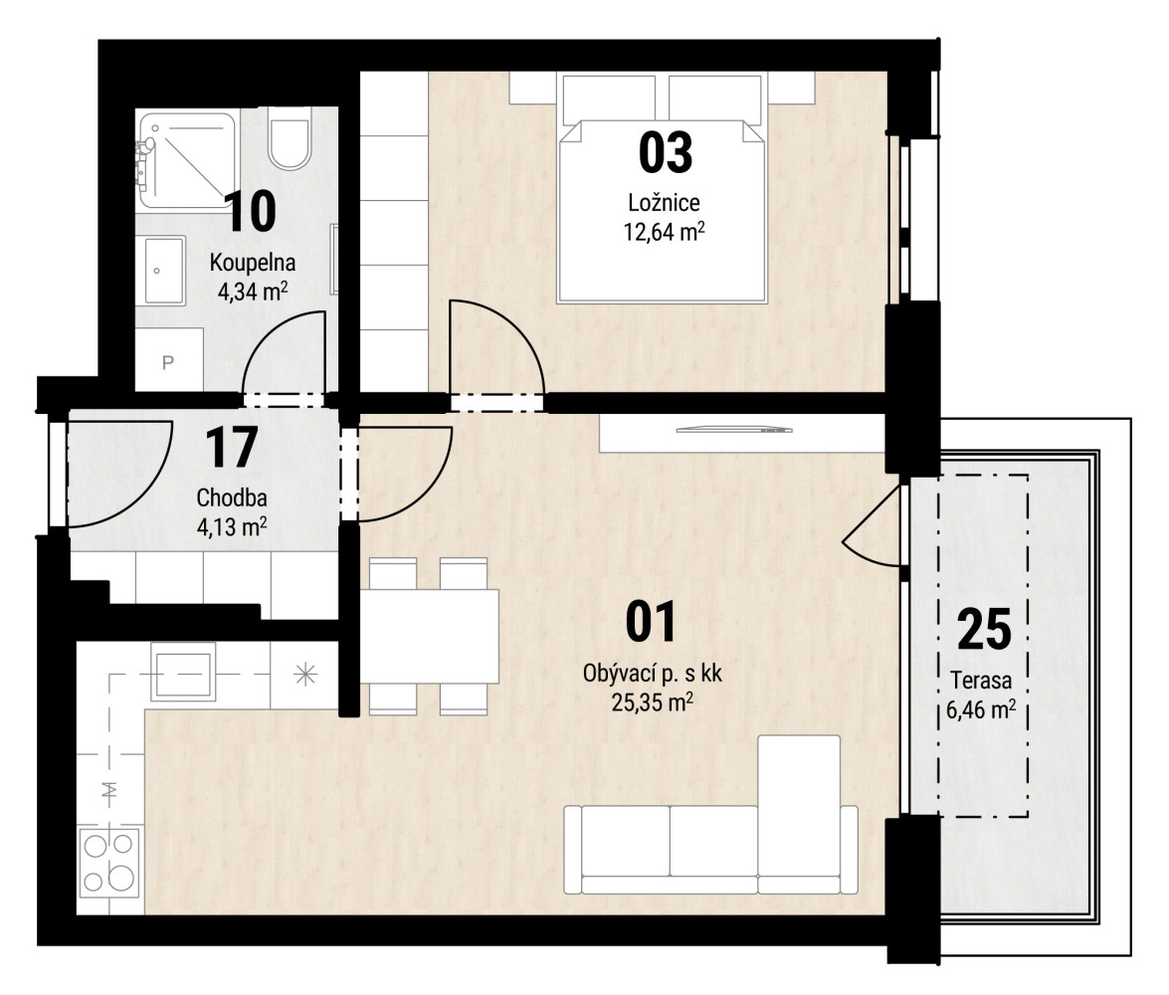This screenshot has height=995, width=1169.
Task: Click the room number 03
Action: [665, 152]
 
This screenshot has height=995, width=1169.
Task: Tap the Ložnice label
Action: [664, 202]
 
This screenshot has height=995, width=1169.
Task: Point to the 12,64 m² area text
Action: [665, 232]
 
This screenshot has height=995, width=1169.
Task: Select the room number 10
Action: [250, 211]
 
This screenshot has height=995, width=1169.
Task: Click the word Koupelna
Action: [252, 263]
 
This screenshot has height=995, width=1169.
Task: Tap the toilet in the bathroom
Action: [290, 140]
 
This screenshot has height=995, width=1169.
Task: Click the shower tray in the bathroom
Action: [187, 159]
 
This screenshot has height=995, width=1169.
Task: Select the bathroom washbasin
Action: [164, 271]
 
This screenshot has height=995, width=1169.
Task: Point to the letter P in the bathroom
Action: [168, 362]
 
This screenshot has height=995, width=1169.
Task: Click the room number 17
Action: [231, 447]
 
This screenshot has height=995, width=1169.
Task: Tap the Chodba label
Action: [232, 497]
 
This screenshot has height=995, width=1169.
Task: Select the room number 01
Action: [651, 622]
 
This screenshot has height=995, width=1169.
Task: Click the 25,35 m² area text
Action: [653, 701]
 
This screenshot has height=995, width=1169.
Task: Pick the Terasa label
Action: [981, 681]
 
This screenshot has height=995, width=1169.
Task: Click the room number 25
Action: [984, 630]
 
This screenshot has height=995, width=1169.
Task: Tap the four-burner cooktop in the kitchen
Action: [108, 862]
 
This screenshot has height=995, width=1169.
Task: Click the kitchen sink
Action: [183, 672]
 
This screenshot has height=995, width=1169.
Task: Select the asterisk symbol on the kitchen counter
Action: [305, 676]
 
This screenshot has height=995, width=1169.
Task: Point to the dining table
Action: [430, 636]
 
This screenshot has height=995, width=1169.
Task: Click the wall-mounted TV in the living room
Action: [734, 430]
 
